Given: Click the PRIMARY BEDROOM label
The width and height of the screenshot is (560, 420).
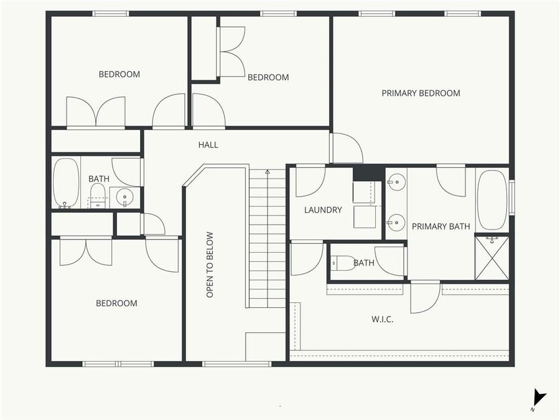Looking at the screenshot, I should [x=421, y=93].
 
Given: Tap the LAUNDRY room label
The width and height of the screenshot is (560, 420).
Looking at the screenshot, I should [x=323, y=210].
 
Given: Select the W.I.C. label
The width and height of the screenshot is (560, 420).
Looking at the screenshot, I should [x=382, y=319].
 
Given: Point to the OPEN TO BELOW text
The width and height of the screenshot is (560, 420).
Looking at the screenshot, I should [x=210, y=264].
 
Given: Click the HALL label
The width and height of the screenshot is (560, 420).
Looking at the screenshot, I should [x=208, y=145].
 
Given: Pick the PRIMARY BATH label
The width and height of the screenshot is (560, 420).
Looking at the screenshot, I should [x=441, y=226].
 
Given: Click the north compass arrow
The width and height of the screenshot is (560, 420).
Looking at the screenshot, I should [x=539, y=397].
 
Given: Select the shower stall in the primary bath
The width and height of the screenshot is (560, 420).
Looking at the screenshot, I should [x=492, y=257].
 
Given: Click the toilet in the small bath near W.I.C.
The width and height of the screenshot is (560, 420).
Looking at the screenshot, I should [x=342, y=263].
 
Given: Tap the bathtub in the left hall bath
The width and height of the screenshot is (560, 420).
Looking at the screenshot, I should [x=65, y=183].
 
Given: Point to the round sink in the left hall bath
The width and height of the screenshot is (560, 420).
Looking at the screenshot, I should [x=124, y=197].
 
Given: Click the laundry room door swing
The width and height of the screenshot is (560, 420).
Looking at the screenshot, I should [x=309, y=181].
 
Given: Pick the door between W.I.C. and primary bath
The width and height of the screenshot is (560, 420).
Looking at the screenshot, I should [x=425, y=298].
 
